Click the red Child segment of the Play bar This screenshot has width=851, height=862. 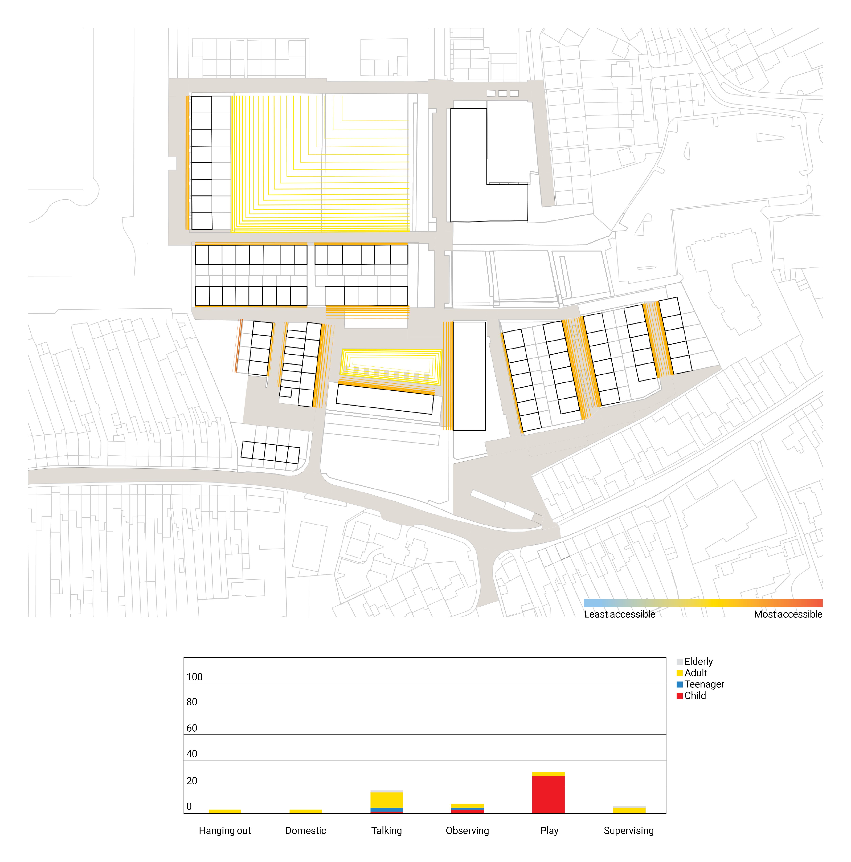tap(548, 795)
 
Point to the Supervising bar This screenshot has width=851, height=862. tap(629, 810)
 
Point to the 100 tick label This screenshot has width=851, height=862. tap(195, 677)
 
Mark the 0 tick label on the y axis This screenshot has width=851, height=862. tap(189, 806)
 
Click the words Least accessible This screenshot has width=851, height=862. tap(620, 614)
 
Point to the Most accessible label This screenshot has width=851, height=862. tap(788, 614)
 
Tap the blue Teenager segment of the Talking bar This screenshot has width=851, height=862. tap(386, 809)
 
